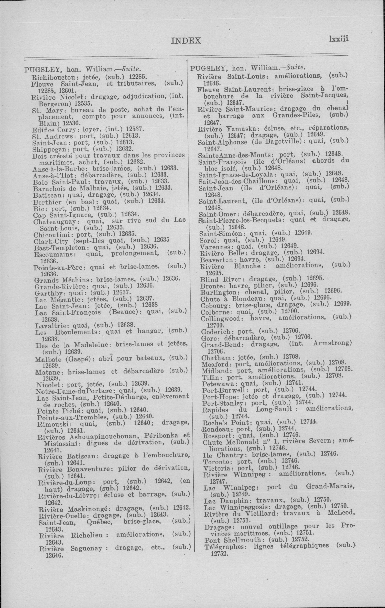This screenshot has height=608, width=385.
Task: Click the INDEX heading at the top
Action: (186, 41)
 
